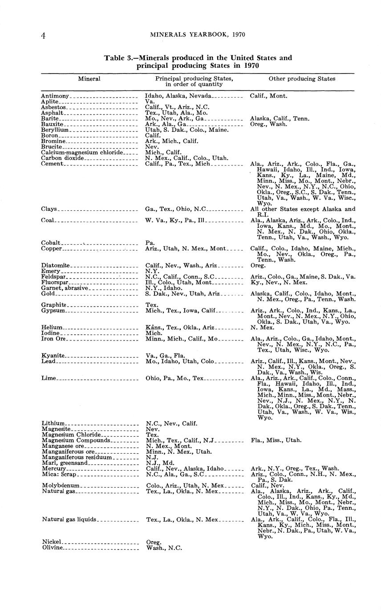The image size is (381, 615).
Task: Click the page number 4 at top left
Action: [x=43, y=36]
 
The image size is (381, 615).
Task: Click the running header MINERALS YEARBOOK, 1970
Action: [x=198, y=34]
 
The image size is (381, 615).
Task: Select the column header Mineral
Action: [x=89, y=78]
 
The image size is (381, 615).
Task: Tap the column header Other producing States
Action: [x=302, y=78]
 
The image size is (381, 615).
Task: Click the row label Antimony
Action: [x=55, y=96]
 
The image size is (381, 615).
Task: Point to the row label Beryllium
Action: [x=55, y=130]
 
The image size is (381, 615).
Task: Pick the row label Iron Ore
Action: [x=53, y=339]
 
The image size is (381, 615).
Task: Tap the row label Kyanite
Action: [x=53, y=355]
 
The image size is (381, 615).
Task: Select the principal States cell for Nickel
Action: [x=154, y=542]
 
